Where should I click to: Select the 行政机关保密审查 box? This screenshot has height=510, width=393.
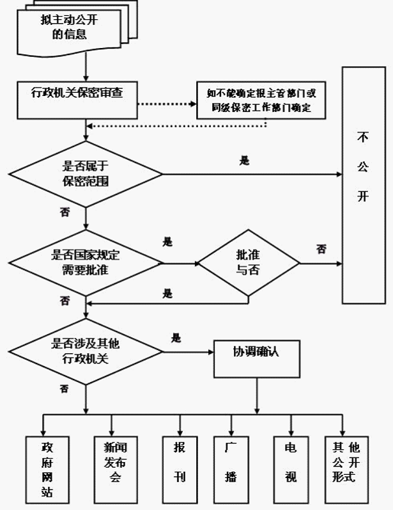pyautogui.click(x=77, y=100)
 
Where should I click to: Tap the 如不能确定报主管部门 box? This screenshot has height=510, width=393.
pyautogui.click(x=261, y=100)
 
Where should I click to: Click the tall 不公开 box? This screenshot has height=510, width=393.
pyautogui.click(x=364, y=186)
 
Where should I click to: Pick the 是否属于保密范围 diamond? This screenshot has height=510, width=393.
pyautogui.click(x=86, y=174)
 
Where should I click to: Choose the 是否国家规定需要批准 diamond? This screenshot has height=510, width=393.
pyautogui.click(x=86, y=263)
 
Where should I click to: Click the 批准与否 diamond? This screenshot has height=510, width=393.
pyautogui.click(x=249, y=263)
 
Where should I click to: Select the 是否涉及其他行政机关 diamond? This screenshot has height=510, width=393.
pyautogui.click(x=86, y=351)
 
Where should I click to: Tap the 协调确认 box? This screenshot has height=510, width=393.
pyautogui.click(x=257, y=359)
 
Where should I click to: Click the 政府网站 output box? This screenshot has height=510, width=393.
pyautogui.click(x=47, y=470)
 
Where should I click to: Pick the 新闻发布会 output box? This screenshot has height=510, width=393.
pyautogui.click(x=116, y=470)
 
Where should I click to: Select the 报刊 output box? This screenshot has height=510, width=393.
pyautogui.click(x=180, y=470)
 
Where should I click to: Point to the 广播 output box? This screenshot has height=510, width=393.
pyautogui.click(x=231, y=470)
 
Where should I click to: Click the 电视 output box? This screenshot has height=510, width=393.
pyautogui.click(x=291, y=470)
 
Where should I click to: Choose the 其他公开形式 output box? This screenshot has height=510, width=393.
pyautogui.click(x=346, y=470)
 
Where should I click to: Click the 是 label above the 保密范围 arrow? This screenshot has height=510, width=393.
pyautogui.click(x=244, y=161)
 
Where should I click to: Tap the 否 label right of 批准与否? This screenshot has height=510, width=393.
pyautogui.click(x=321, y=250)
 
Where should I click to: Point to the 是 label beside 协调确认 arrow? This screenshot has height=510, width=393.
pyautogui.click(x=176, y=339)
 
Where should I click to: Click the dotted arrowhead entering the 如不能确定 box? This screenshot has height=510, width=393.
pyautogui.click(x=193, y=104)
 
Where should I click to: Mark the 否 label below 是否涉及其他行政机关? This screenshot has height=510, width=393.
pyautogui.click(x=65, y=388)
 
